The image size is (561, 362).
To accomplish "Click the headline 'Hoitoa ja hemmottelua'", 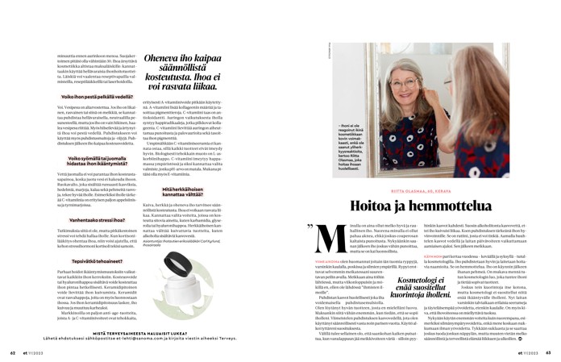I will [x=422, y=184].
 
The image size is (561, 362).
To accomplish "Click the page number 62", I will [x=13, y=352].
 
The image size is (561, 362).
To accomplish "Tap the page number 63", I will [x=547, y=352].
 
